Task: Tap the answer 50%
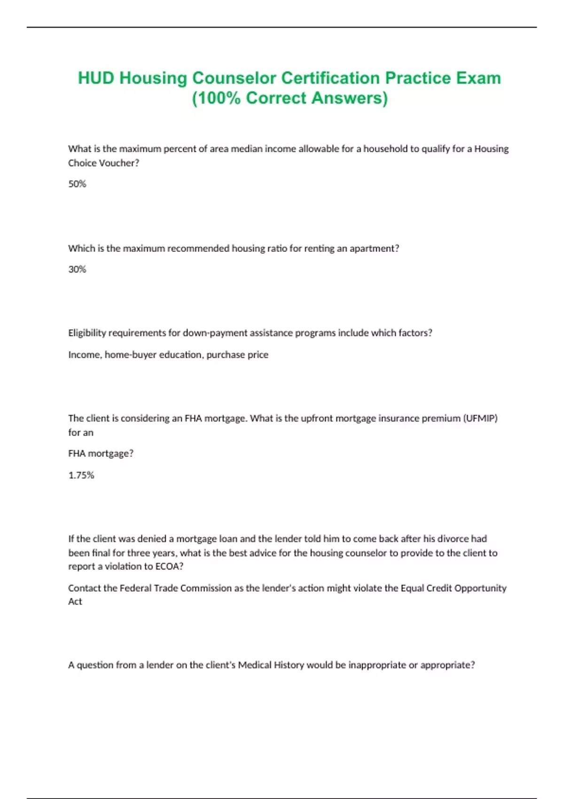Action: (77, 184)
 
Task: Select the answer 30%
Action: (77, 269)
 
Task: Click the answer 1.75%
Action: (81, 475)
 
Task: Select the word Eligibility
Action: (87, 333)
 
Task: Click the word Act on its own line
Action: (75, 602)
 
